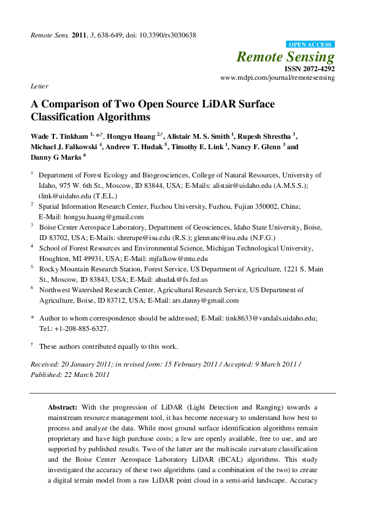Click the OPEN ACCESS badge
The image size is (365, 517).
[x=311, y=45]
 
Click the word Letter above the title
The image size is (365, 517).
[x=39, y=87]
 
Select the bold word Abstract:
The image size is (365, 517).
[x=63, y=408]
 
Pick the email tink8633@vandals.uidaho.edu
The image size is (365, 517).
[x=265, y=319]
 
